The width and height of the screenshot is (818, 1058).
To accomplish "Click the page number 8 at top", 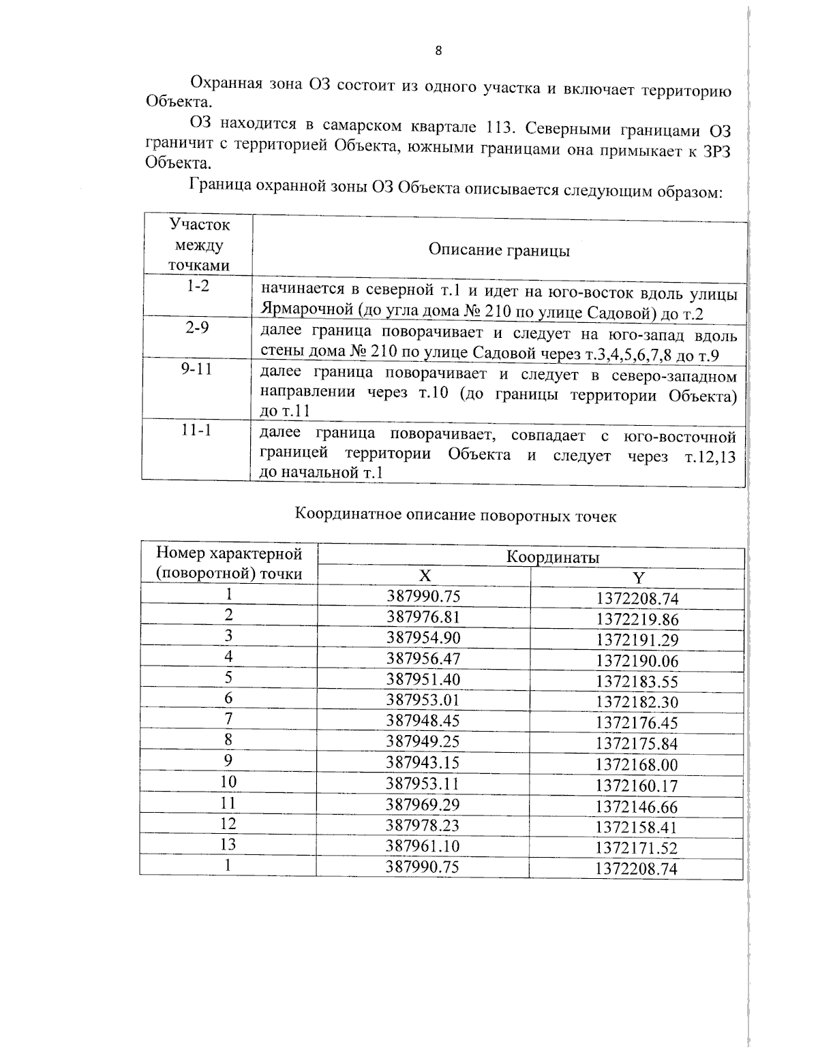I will coord(438,50).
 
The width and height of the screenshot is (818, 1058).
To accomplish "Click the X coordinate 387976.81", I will coord(423,617).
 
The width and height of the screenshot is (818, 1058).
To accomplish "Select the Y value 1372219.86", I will coord(637,620).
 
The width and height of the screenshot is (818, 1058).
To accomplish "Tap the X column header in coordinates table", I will coord(424,576).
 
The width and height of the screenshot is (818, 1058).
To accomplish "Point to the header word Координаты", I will coord(552,557).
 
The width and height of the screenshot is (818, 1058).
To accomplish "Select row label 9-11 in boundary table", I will coord(197,371).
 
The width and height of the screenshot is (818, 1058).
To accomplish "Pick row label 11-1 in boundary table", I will coord(197,432).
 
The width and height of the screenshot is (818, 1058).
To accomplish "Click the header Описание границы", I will coord(499,251).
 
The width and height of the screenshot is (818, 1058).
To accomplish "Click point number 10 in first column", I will coord(228,782).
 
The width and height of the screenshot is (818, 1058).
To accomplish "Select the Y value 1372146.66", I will coord(637,807).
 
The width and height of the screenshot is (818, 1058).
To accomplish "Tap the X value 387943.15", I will coord(423,762).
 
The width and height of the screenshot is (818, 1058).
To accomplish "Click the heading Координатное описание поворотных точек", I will coord(455,516).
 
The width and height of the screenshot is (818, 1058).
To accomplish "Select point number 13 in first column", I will coord(228,845).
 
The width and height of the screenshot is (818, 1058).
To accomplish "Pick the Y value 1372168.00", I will coord(637,766).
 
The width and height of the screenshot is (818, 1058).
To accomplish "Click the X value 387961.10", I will coord(423,846).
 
